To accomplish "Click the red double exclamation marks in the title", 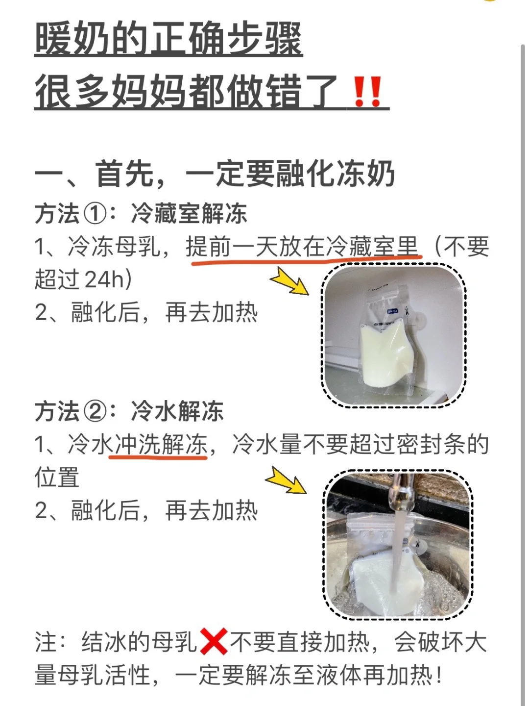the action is point(368,91).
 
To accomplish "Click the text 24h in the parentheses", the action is point(104,279).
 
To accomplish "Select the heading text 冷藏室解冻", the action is point(189,214).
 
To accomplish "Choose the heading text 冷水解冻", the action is point(177,411).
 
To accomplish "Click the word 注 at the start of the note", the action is point(46,642).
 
